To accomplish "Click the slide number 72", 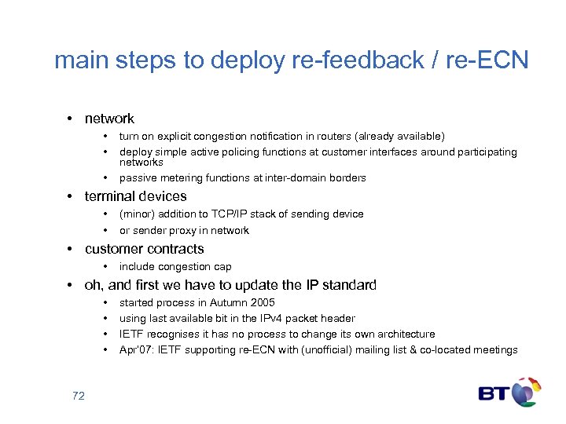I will [x=78, y=396].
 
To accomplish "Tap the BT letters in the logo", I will [x=494, y=392].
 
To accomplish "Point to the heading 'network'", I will [x=109, y=119].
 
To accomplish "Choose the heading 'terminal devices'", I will [x=135, y=196].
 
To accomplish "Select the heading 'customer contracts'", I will [x=144, y=249].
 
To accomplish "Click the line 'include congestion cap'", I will [x=175, y=266].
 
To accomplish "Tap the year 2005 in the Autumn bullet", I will [x=262, y=302].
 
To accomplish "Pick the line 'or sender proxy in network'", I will [x=184, y=230].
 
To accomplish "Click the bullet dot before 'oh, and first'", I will [x=70, y=285].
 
